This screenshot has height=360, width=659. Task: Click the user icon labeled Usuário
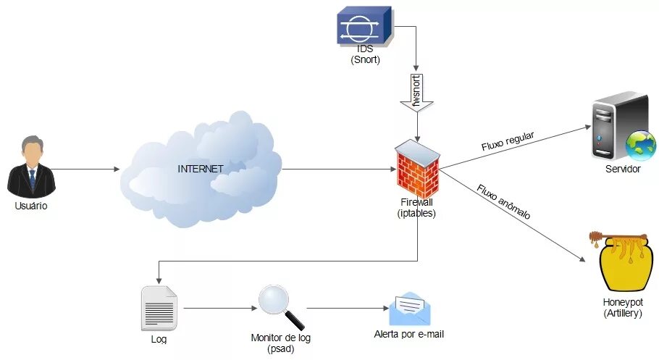31,166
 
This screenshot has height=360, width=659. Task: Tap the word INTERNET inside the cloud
201,169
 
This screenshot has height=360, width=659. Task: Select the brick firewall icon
418,168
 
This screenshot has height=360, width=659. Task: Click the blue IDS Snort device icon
364,27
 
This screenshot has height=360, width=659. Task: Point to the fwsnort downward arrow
417,94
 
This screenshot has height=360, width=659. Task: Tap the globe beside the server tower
640,145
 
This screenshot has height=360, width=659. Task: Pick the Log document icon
159,307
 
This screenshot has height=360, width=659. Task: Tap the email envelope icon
409,309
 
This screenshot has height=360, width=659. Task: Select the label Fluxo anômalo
503,203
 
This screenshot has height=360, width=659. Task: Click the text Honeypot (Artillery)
622,308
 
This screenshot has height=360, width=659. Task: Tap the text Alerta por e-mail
408,335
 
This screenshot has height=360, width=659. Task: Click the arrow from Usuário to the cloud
87,169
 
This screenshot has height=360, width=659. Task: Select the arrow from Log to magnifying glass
217,308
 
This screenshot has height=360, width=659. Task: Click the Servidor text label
623,169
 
